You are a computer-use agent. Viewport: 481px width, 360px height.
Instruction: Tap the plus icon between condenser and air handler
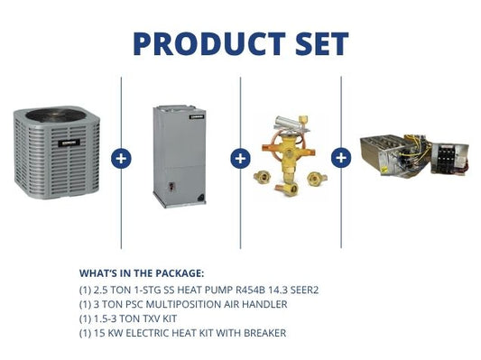click(121, 158)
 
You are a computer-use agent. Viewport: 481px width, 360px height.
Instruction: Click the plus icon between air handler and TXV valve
click(240, 158)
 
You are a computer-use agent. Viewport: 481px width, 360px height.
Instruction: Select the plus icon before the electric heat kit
click(341, 158)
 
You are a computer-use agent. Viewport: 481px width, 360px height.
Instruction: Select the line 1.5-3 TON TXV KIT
click(138, 319)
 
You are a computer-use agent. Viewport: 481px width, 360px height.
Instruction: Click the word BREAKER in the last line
click(263, 333)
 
